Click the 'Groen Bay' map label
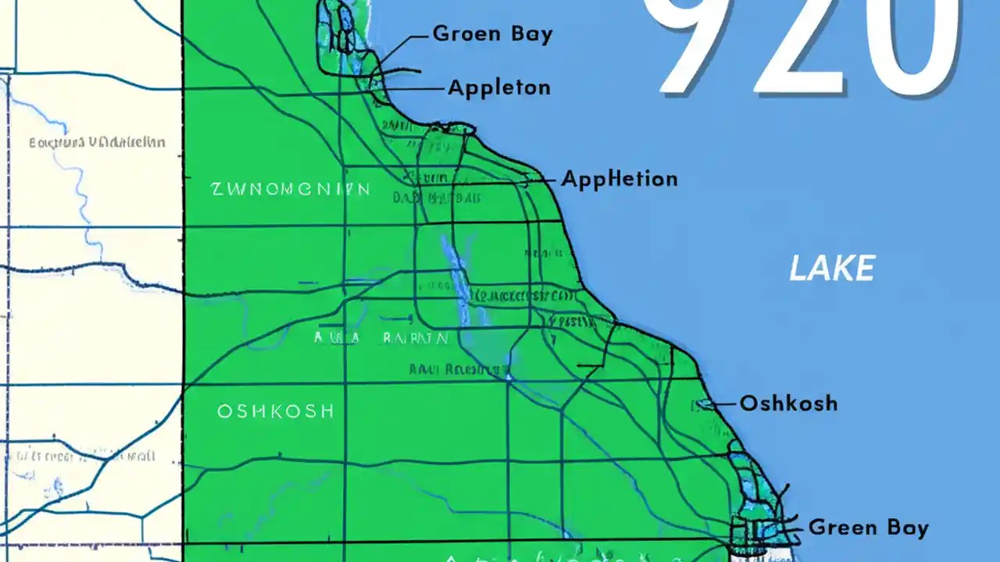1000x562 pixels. click(x=492, y=34)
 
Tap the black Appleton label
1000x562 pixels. click(x=499, y=87)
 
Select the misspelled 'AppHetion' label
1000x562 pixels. click(x=620, y=179)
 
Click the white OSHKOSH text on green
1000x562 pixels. click(x=276, y=411)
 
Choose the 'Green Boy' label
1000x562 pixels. click(x=869, y=528)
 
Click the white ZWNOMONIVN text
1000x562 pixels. click(x=290, y=189)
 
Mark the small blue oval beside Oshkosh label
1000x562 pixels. click(x=705, y=404)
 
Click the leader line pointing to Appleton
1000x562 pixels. click(x=414, y=89)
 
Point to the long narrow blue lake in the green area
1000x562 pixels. click(x=459, y=281)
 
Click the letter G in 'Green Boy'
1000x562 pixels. click(x=817, y=528)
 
